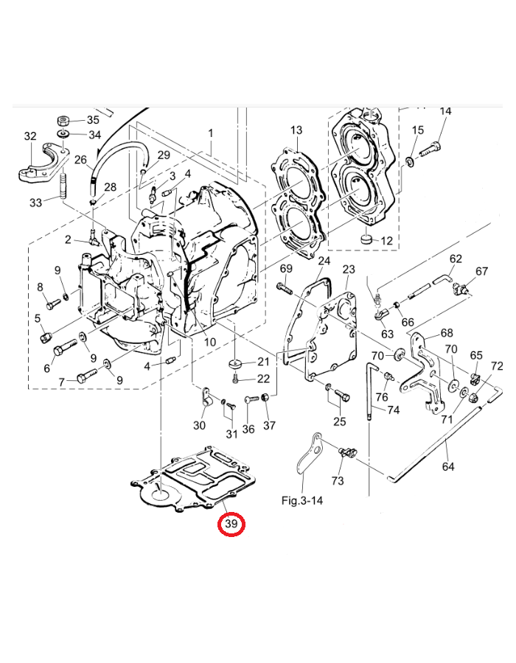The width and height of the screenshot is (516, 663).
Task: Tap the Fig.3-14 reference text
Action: tap(303, 500)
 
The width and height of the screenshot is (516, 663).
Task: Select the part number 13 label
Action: tap(296, 130)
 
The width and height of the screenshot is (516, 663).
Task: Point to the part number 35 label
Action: tap(94, 119)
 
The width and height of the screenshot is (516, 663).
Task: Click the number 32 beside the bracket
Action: tap(29, 136)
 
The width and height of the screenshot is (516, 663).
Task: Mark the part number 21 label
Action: tap(264, 361)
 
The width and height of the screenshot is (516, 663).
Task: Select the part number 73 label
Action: tap(338, 481)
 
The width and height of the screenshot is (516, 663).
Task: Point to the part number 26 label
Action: tap(80, 159)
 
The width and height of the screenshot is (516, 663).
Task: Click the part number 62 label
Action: tap(456, 259)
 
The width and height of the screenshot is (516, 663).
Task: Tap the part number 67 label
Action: tap(481, 271)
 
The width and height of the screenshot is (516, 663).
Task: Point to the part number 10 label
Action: tap(210, 342)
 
